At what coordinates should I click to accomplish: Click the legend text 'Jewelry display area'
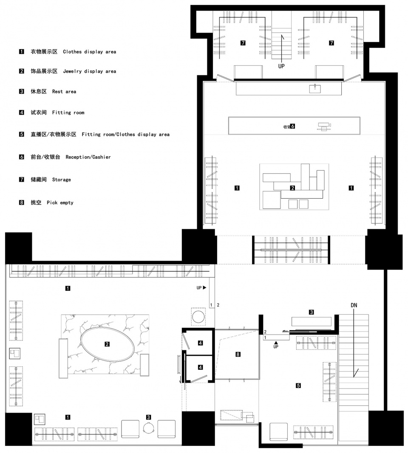(90, 71)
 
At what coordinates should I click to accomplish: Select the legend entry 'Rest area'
(64, 92)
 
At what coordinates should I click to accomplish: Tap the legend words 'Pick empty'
(60, 203)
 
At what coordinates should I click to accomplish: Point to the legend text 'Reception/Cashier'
(88, 157)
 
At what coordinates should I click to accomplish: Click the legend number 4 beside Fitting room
(22, 113)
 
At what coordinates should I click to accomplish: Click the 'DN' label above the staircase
(354, 305)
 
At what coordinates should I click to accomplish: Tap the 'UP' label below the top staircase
(281, 66)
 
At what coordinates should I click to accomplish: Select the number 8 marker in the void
(238, 354)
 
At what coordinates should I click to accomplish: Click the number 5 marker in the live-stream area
(298, 385)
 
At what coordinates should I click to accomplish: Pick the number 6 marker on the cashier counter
(293, 126)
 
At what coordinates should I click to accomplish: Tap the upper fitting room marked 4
(199, 342)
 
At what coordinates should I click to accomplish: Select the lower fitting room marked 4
(199, 368)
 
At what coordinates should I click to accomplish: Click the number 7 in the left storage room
(243, 43)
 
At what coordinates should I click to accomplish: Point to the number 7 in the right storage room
(331, 43)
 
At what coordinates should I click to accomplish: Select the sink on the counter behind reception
(315, 88)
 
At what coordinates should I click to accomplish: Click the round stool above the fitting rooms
(198, 317)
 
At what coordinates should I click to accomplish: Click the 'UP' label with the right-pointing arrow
(201, 288)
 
